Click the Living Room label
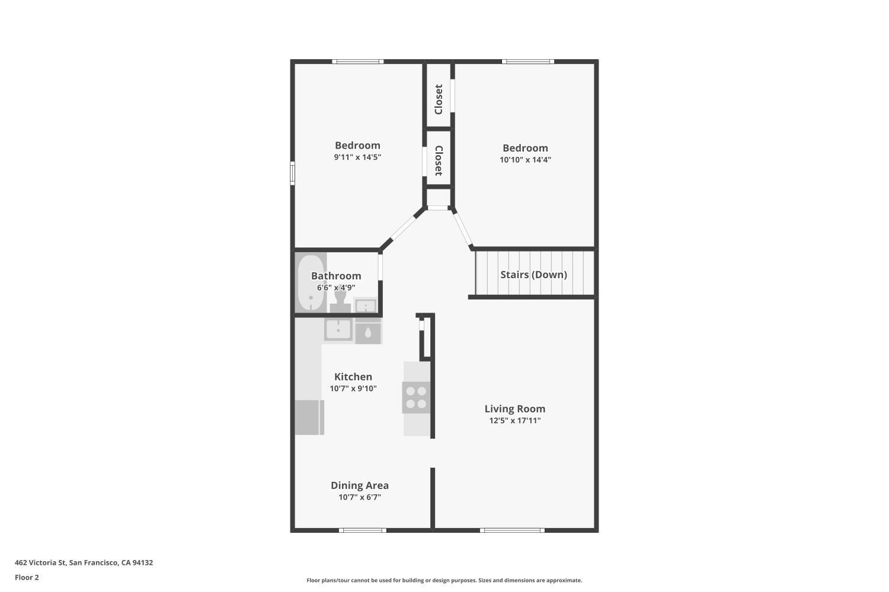coord(515,409)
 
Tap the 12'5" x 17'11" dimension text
coord(515,421)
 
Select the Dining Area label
coord(360,485)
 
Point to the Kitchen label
coord(353,377)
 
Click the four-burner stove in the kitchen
coord(416,398)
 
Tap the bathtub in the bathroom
coord(311,283)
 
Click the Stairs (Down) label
coord(533,275)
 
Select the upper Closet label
coord(439,99)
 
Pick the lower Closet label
coord(439,160)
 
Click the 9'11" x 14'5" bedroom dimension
coord(357,157)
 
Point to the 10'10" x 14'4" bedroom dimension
coord(526,160)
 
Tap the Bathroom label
coord(336,276)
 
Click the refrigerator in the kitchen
coord(309,417)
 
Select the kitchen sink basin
coord(338,329)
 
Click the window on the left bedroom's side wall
coord(293,173)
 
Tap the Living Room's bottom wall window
coord(512,530)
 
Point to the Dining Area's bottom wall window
coord(362,530)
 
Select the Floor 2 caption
coord(27,577)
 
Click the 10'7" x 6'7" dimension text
coord(360,497)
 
